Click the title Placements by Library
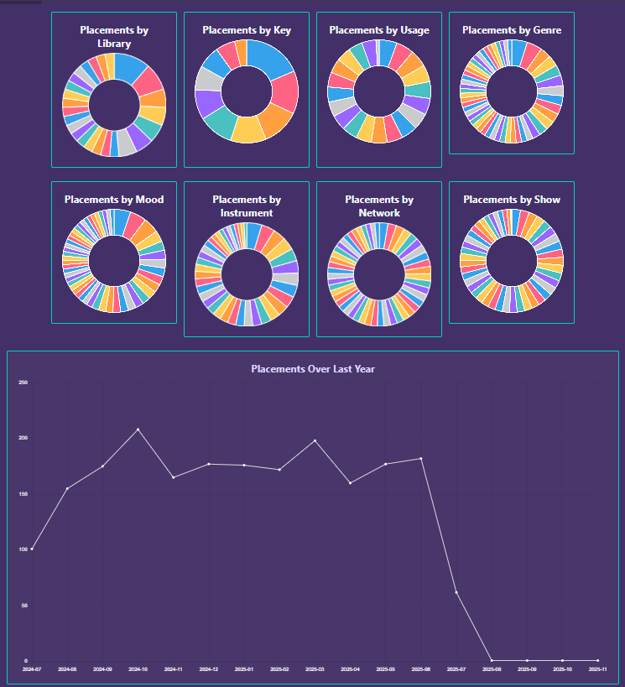pos(114,36)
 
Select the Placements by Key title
pos(247,30)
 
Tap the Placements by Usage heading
pos(379,30)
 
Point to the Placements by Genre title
pos(512,30)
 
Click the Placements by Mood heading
pos(114,200)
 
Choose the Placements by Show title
pos(512,200)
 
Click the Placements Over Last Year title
pos(313,369)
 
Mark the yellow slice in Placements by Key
pos(247,129)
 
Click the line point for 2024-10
pos(138,429)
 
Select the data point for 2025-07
pos(456,592)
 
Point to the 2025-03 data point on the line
pos(315,440)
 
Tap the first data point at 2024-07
pos(32,549)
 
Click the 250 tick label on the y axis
pos(23,383)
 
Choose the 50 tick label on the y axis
pos(24,605)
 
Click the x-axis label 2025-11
pos(597,669)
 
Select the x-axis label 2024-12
pos(209,669)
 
